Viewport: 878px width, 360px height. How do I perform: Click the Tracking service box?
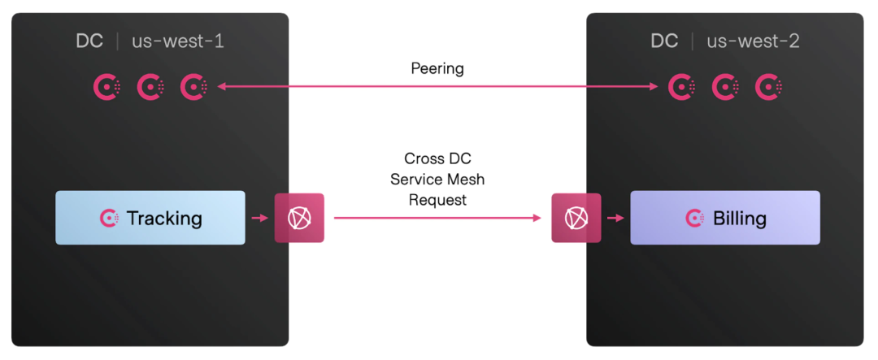[150, 218]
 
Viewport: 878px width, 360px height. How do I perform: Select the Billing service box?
[725, 218]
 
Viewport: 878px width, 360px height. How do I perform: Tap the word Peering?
[437, 68]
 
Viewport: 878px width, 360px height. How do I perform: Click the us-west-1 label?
[178, 41]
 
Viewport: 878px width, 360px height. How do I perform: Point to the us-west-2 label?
[753, 41]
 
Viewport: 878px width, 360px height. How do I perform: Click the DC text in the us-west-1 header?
[89, 41]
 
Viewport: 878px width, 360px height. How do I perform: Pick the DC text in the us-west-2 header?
[664, 41]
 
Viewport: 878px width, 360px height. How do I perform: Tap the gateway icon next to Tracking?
[299, 218]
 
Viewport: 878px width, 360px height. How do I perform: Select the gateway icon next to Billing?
[576, 218]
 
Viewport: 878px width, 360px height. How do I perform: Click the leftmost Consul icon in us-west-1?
[107, 86]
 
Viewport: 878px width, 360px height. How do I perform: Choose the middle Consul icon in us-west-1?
[150, 86]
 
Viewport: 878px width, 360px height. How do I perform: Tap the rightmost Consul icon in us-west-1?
[193, 86]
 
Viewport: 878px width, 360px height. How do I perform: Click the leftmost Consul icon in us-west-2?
[682, 86]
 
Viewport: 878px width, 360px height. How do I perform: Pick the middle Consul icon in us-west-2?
[725, 86]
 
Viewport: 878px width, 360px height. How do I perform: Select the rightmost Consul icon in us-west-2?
[768, 86]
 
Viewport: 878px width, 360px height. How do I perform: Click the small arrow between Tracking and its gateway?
[259, 218]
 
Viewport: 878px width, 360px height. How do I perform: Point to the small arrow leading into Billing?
[615, 218]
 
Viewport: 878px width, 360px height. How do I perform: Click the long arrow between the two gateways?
[437, 218]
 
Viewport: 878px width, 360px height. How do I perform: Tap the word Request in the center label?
[437, 199]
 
